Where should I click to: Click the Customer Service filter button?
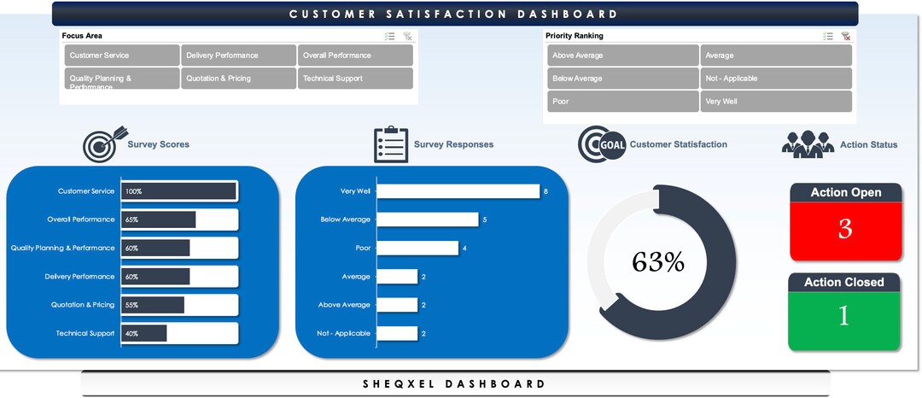coord(120,56)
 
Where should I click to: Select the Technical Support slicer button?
coord(355,79)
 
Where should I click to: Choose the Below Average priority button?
coord(622,79)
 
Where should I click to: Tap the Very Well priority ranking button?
coord(775,102)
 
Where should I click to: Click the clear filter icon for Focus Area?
coord(408,37)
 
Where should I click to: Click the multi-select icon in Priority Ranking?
coord(828,37)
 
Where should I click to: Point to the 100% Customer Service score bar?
coord(178,191)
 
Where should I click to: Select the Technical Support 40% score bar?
coord(144,333)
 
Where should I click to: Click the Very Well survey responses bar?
coord(458,191)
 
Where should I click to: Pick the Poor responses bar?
coord(417,249)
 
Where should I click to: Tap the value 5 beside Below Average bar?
coord(485,219)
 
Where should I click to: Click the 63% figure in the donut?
coord(658,262)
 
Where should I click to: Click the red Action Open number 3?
coord(845,229)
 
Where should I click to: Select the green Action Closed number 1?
coord(843,316)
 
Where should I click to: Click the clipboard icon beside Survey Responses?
coord(391,144)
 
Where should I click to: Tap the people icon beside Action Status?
coord(808,144)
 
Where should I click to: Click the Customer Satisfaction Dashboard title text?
coord(453,14)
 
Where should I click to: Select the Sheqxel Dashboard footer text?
coord(454,384)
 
